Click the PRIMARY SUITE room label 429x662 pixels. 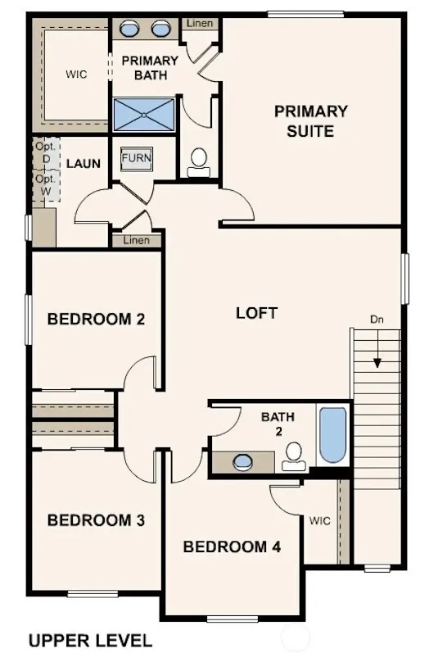[311, 121]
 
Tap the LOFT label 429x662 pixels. [256, 313]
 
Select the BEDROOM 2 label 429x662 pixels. [96, 319]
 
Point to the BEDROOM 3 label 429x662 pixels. [96, 519]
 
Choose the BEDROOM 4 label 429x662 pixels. [232, 546]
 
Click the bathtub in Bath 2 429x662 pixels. [333, 435]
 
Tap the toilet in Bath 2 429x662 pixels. [294, 456]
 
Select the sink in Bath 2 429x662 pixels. [243, 462]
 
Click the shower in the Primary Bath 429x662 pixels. [144, 115]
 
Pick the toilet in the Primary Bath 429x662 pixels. [199, 163]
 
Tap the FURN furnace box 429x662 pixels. [136, 159]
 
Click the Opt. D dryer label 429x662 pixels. [46, 152]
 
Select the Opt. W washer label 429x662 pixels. [46, 185]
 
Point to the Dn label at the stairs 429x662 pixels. [377, 320]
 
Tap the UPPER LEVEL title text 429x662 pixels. [90, 641]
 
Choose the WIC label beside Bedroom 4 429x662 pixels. [320, 520]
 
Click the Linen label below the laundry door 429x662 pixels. [136, 240]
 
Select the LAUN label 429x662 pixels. [84, 163]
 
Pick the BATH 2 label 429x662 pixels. [278, 424]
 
